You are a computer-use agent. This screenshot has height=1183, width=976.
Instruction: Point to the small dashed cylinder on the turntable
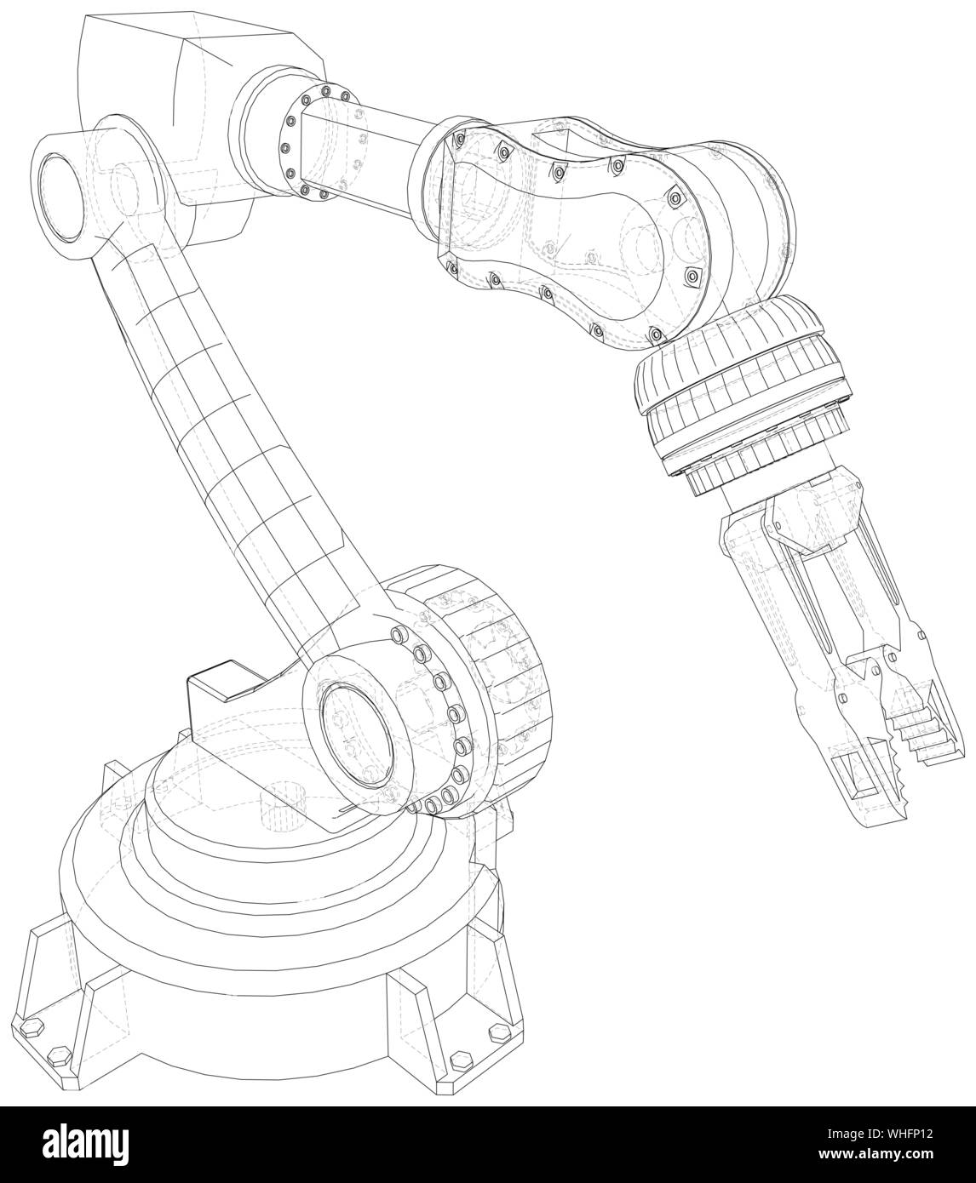point(276,803)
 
